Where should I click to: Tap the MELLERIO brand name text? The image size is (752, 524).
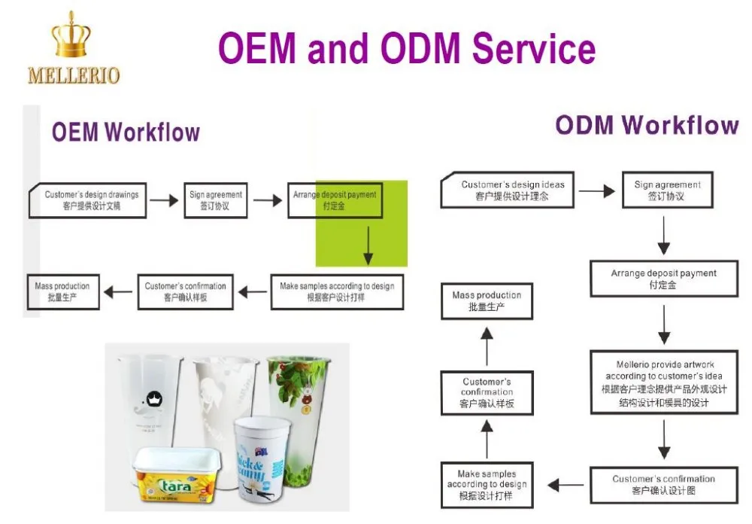pyautogui.click(x=73, y=75)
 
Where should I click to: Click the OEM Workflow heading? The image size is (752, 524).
pyautogui.click(x=126, y=133)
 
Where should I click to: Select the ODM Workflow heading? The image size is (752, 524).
pyautogui.click(x=647, y=125)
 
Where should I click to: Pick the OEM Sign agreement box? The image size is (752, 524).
pyautogui.click(x=215, y=200)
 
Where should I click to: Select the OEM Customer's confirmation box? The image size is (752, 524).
pyautogui.click(x=185, y=291)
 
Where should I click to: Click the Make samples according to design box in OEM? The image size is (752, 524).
pyautogui.click(x=336, y=291)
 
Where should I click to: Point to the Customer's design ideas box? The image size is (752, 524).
pyautogui.click(x=512, y=190)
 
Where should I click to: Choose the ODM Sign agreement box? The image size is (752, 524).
pyautogui.click(x=666, y=190)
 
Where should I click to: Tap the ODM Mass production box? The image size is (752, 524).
pyautogui.click(x=487, y=300)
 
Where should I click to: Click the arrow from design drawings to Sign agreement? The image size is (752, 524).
pyautogui.click(x=164, y=201)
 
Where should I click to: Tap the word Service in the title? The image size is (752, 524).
pyautogui.click(x=535, y=48)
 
